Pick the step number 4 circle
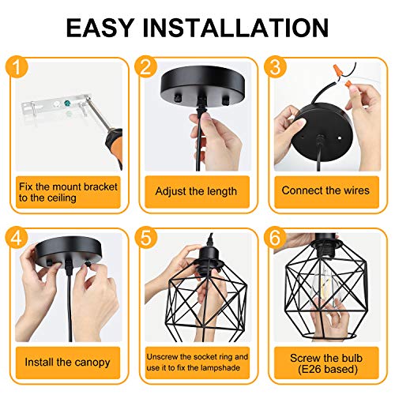(x=17, y=237)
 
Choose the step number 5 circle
(x=144, y=237)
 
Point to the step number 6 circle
(x=272, y=237)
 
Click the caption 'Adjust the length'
(x=197, y=191)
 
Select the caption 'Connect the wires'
(x=325, y=191)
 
